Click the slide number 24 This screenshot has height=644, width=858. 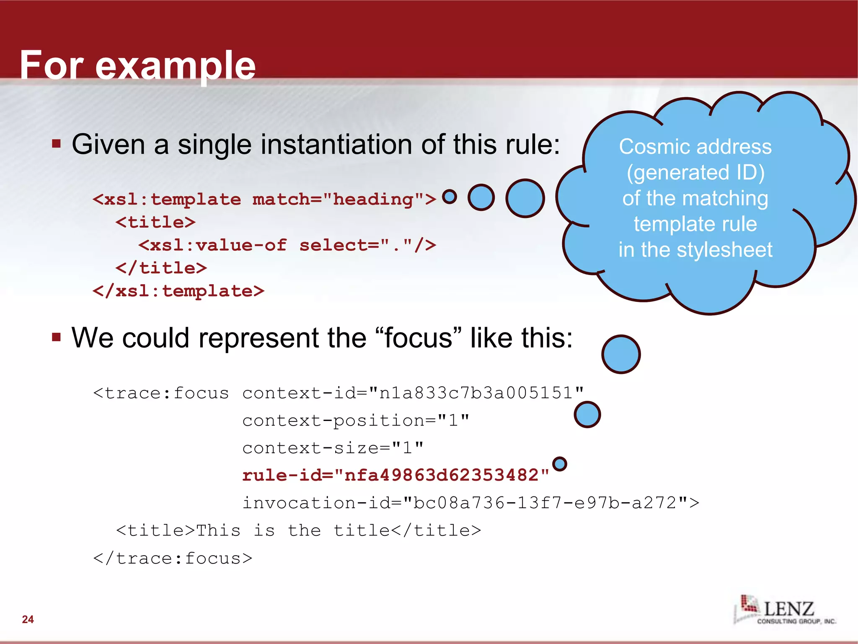point(28,619)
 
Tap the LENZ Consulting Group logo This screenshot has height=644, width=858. point(784,610)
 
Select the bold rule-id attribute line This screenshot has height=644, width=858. point(395,475)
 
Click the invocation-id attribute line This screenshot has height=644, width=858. point(470,503)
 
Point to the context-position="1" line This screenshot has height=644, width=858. point(356,420)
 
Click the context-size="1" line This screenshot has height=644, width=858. point(333,448)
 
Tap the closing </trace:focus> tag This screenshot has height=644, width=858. point(173,558)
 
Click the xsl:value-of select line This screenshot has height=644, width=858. point(287,245)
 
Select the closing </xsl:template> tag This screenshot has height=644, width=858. point(178,291)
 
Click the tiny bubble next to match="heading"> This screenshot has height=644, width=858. point(450,196)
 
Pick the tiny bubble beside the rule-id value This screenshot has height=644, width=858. point(560,464)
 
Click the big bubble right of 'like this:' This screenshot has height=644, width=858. point(621,354)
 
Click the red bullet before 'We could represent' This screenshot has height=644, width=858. point(57,338)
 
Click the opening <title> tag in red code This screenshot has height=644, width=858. point(155,222)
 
